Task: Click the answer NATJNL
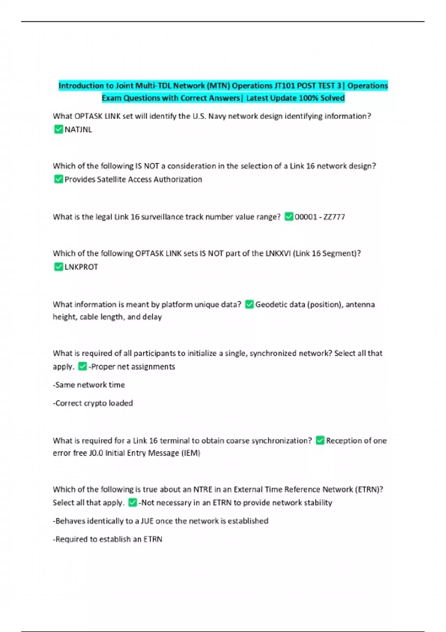point(78,130)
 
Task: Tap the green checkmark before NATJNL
point(58,129)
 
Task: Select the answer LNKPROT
point(81,267)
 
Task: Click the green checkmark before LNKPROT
point(58,267)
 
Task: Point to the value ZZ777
point(334,217)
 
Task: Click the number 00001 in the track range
point(306,217)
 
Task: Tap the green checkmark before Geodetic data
point(249,304)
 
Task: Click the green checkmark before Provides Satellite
point(58,179)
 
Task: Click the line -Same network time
point(89,385)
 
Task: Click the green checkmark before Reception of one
point(320,441)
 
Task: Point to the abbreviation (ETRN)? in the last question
point(369,489)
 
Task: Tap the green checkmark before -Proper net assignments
point(83,367)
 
